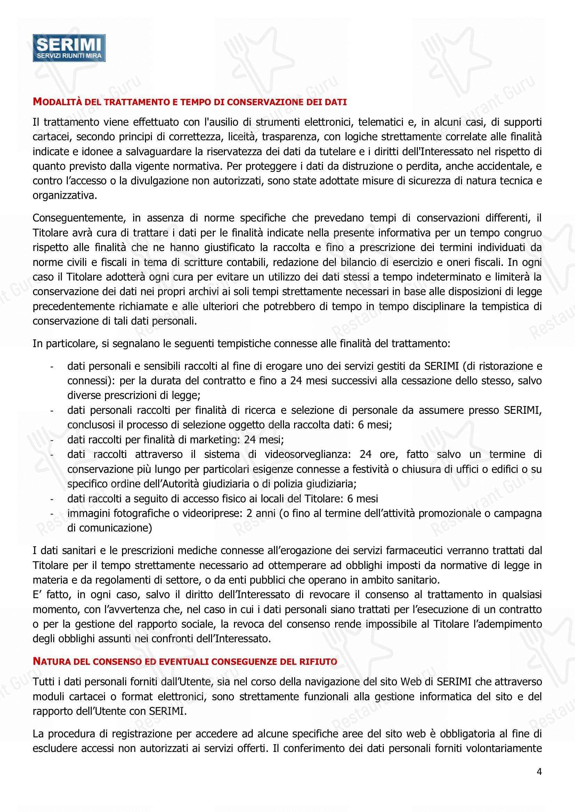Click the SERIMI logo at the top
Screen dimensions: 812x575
point(69,48)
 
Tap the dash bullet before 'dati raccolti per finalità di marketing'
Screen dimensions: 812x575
point(52,440)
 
